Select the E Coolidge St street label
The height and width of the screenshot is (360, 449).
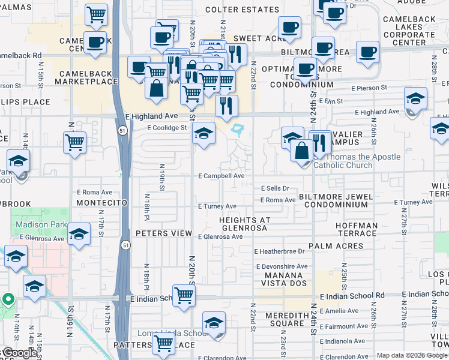pos(167,128)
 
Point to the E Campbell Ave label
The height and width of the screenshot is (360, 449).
pos(221,176)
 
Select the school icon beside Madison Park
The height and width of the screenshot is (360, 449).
pos(79,233)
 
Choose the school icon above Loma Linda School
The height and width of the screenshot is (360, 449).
pos(214,322)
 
